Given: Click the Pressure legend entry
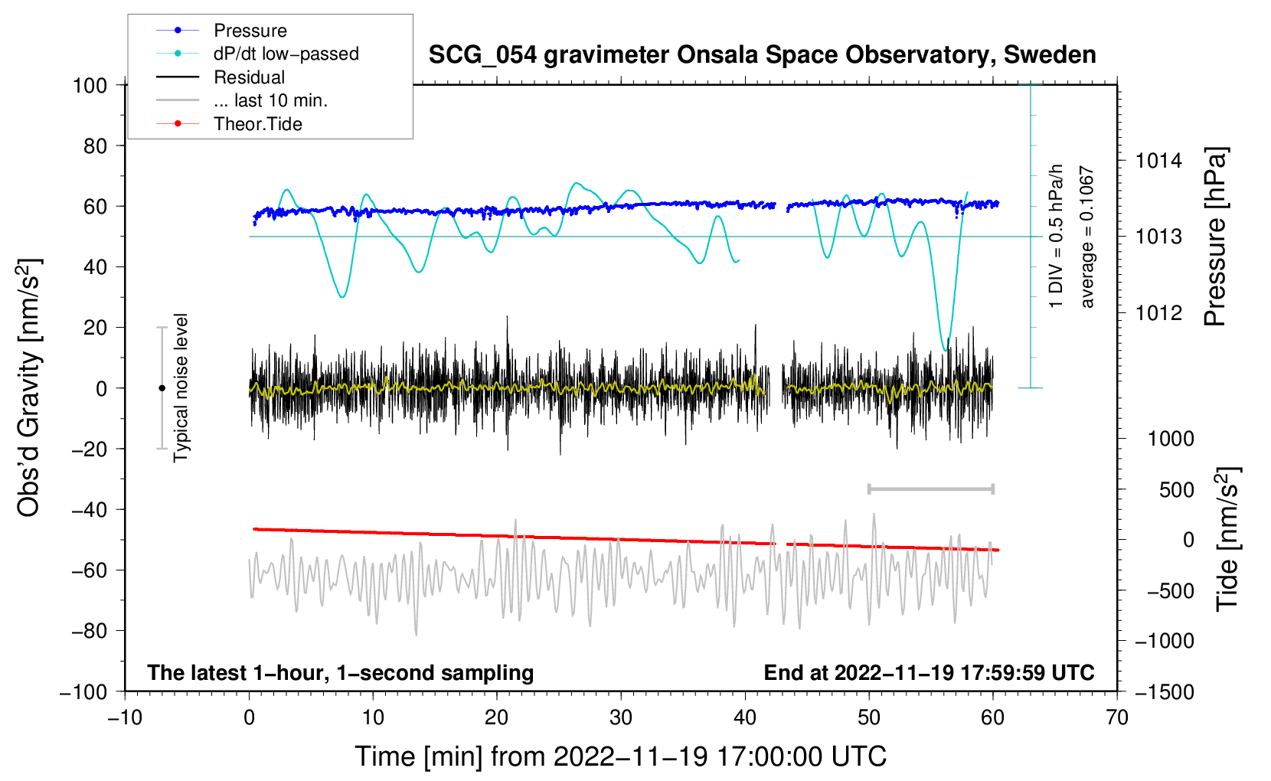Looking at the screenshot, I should [250, 31].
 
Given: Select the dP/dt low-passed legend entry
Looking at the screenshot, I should [286, 54].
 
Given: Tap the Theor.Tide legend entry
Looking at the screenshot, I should [257, 124].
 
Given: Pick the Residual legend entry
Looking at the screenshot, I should [249, 77].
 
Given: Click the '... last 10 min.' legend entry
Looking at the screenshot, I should [270, 100].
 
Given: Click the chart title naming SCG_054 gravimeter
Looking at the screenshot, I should [762, 55].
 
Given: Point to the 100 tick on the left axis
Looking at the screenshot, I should [90, 85].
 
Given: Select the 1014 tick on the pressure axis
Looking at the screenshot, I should [1158, 161].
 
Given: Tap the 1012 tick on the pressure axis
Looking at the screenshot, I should [1158, 312].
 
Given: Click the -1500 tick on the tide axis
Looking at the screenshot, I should [1164, 691].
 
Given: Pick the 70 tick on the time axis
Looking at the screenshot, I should [1117, 717].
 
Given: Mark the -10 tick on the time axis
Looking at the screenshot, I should [125, 717].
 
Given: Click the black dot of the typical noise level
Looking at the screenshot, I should [162, 388].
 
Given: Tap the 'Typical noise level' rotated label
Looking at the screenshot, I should [181, 387].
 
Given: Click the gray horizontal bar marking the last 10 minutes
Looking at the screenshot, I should [930, 489].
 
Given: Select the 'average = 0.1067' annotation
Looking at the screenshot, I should [1087, 237].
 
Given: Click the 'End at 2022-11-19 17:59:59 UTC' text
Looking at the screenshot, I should [929, 673].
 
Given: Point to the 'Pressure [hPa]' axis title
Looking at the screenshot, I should [1215, 237].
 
